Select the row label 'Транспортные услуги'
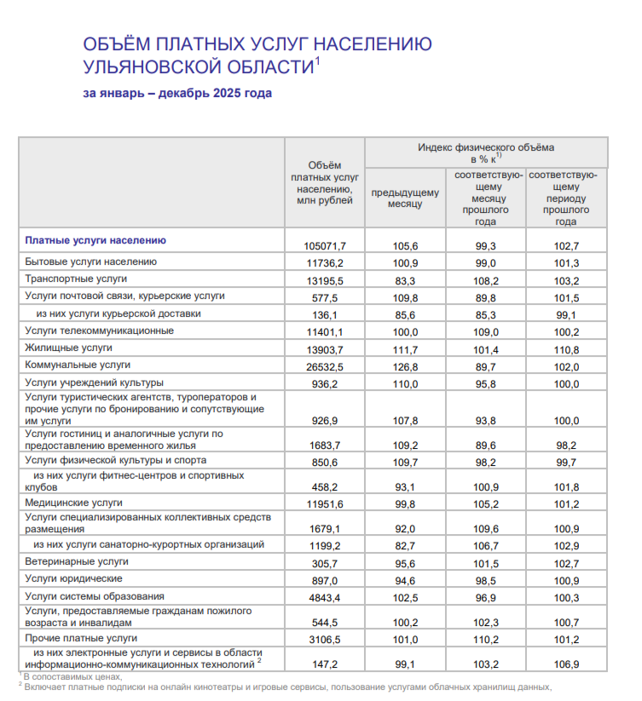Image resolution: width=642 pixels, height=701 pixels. point(77,279)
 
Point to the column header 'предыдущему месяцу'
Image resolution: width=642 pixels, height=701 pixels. point(405,198)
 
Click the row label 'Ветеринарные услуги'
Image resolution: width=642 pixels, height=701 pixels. point(77,561)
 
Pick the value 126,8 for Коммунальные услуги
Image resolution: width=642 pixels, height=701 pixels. point(405,365)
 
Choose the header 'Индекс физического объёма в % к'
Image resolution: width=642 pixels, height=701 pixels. point(486,152)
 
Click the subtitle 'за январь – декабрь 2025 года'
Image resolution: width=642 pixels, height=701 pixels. point(177,93)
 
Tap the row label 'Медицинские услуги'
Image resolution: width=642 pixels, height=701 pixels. point(74,503)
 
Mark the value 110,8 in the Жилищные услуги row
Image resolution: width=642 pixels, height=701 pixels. point(566,348)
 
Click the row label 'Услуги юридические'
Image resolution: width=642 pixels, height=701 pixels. point(74,578)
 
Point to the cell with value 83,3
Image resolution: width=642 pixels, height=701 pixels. point(405,279)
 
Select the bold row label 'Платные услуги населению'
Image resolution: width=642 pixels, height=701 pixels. point(95,241)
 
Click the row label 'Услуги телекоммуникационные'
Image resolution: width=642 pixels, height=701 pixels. point(100,330)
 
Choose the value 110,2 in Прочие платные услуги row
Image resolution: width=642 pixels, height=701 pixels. point(485,638)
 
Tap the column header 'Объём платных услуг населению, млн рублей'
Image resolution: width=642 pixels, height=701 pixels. point(324,182)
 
